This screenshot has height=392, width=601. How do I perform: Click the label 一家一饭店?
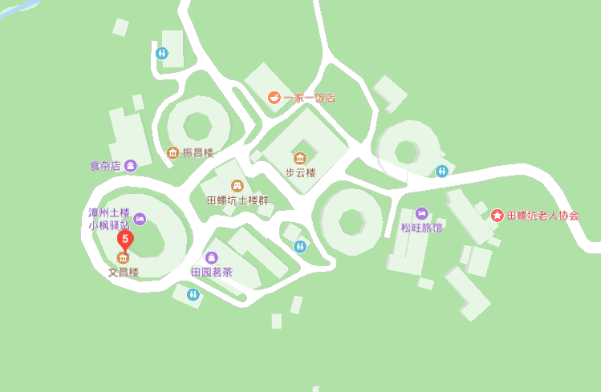tap(309, 98)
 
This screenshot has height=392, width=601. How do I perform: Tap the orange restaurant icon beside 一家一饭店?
tap(274, 98)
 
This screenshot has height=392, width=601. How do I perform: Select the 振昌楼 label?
tap(198, 152)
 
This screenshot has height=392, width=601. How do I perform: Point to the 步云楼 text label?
tap(300, 172)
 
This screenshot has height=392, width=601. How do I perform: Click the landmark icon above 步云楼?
tap(300, 158)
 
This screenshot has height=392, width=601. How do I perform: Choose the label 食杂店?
tap(104, 166)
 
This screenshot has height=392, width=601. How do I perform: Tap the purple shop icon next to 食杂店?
tap(131, 166)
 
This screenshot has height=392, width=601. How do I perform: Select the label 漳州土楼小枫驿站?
tap(109, 219)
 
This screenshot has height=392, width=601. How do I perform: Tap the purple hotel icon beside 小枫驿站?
tap(140, 218)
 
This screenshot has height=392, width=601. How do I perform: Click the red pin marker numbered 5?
tap(124, 239)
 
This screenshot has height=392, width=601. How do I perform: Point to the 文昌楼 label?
tap(124, 273)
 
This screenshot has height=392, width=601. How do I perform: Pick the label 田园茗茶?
tap(212, 272)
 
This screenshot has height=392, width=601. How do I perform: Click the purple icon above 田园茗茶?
tap(212, 257)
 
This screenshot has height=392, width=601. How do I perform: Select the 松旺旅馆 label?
tap(421, 228)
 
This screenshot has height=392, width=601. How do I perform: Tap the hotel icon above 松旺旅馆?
tap(421, 213)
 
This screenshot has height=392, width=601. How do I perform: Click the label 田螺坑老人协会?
tap(542, 216)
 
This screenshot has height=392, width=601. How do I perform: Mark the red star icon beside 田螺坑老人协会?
tap(497, 216)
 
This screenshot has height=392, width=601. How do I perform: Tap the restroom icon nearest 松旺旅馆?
tap(442, 171)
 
